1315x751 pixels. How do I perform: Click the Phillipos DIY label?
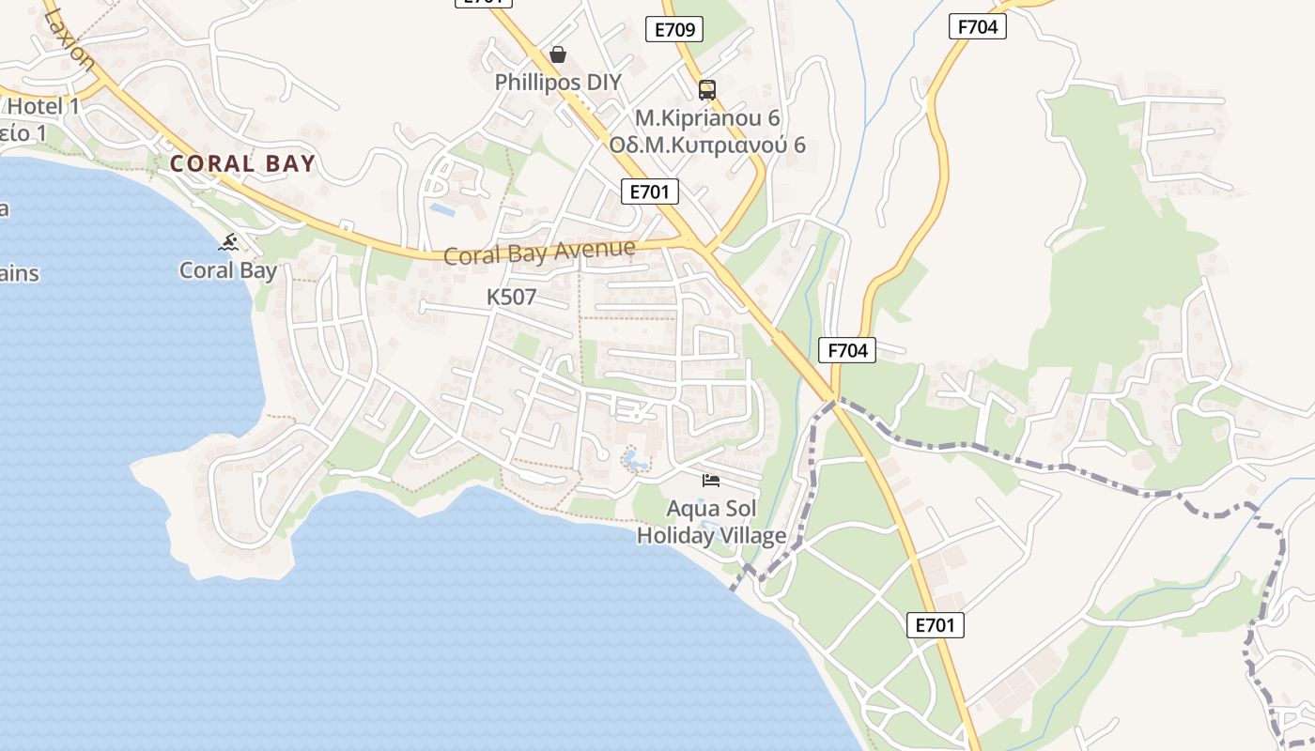[x=558, y=82]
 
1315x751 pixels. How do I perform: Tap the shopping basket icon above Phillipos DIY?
[x=558, y=54]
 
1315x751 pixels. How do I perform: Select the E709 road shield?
[x=674, y=30]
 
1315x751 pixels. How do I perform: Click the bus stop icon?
[x=707, y=90]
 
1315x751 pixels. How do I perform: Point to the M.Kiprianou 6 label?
[x=707, y=118]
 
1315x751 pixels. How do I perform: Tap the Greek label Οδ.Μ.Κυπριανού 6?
[x=707, y=145]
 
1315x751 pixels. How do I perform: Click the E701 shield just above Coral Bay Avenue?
[x=649, y=192]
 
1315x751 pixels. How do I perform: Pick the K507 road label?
[x=511, y=298]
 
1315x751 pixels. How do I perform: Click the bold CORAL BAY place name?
[x=242, y=164]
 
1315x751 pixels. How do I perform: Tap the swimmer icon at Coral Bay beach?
[x=228, y=243]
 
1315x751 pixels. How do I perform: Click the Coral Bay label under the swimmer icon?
[x=228, y=270]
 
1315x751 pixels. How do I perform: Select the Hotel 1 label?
[x=43, y=107]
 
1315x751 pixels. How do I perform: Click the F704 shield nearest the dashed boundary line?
[x=847, y=351]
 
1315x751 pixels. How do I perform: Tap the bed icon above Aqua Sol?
[x=711, y=481]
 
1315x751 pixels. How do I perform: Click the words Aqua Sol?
[x=711, y=509]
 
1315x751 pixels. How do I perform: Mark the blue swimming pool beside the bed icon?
[x=636, y=461]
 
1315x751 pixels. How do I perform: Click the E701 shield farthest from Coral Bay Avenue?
[x=936, y=625]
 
